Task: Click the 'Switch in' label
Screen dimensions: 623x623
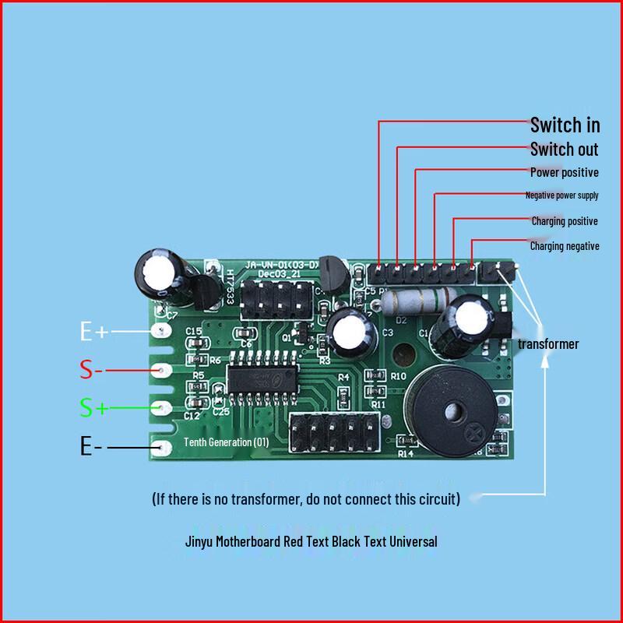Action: pyautogui.click(x=565, y=124)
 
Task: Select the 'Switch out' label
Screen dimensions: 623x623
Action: pyautogui.click(x=565, y=149)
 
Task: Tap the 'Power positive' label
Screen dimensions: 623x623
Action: pyautogui.click(x=565, y=172)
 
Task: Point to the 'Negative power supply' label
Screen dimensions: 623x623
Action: pyautogui.click(x=562, y=195)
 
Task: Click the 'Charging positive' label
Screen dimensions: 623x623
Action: pyautogui.click(x=565, y=221)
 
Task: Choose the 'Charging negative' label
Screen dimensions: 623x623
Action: pyautogui.click(x=565, y=246)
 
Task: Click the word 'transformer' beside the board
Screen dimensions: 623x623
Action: pyautogui.click(x=548, y=343)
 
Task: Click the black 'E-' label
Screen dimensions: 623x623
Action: pyautogui.click(x=92, y=446)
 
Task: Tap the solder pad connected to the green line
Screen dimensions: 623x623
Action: pyautogui.click(x=163, y=407)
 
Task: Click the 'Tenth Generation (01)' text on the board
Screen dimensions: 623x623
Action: pyautogui.click(x=226, y=442)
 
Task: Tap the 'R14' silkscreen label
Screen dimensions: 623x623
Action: pyautogui.click(x=405, y=453)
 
